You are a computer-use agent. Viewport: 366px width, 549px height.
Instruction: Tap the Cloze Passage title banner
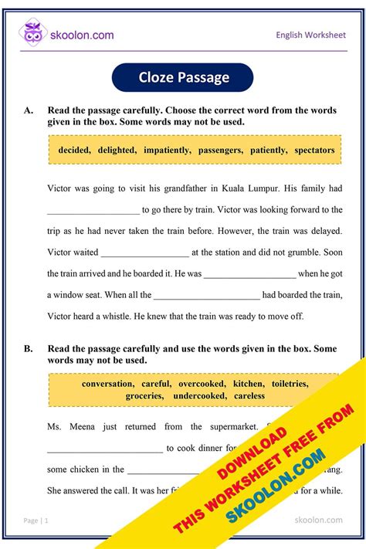[183, 77]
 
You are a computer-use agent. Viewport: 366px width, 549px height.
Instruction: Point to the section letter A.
[29, 111]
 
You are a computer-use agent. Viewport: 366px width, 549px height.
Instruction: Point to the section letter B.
[29, 349]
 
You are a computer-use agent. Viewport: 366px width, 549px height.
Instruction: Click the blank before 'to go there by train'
[93, 210]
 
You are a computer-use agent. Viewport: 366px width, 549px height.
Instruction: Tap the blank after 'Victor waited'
[144, 252]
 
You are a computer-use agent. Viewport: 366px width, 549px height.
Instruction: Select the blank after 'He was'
[249, 273]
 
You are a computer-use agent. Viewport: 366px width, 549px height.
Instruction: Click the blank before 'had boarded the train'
[206, 295]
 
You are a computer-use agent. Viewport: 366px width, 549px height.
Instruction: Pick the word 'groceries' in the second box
[144, 395]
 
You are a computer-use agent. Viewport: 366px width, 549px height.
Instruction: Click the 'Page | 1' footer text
[36, 520]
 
